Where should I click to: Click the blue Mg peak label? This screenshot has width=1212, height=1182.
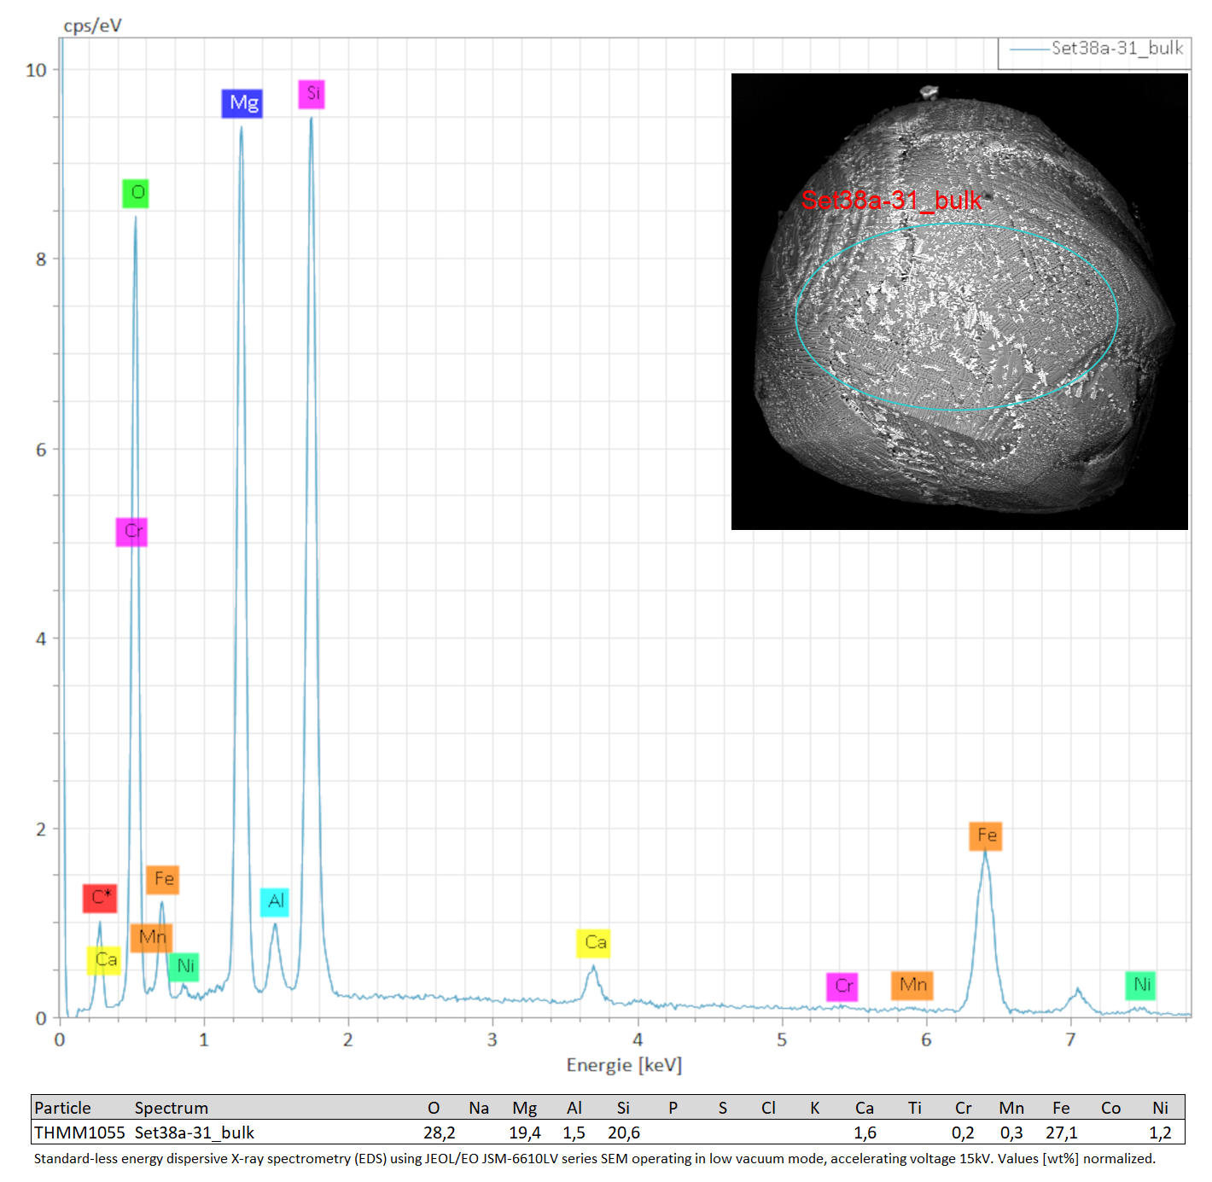pyautogui.click(x=242, y=103)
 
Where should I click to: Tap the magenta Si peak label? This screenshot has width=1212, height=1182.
pyautogui.click(x=312, y=94)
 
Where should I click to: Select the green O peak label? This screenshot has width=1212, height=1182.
pyautogui.click(x=135, y=193)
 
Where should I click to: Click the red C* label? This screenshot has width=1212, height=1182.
pyautogui.click(x=100, y=898)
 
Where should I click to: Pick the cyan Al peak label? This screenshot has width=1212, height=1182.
pyautogui.click(x=274, y=902)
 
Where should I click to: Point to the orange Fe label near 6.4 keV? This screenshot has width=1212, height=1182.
pyautogui.click(x=985, y=836)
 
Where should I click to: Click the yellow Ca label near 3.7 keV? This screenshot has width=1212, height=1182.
pyautogui.click(x=593, y=943)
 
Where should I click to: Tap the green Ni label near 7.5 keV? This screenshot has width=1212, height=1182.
pyautogui.click(x=1140, y=985)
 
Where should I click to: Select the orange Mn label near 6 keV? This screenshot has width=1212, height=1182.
pyautogui.click(x=912, y=985)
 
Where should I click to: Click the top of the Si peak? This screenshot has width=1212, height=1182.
pyautogui.click(x=312, y=118)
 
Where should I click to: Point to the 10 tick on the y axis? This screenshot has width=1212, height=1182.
pyautogui.click(x=36, y=70)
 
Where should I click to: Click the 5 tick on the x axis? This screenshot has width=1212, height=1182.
pyautogui.click(x=782, y=1039)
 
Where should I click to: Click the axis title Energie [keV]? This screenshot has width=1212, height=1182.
pyautogui.click(x=624, y=1066)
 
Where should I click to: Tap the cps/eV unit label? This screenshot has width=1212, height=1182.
pyautogui.click(x=92, y=26)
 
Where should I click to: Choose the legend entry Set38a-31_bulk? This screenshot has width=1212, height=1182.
pyautogui.click(x=1096, y=49)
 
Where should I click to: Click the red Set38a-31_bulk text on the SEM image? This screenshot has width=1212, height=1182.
pyautogui.click(x=890, y=200)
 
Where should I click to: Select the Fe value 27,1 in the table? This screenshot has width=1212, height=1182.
pyautogui.click(x=1061, y=1133)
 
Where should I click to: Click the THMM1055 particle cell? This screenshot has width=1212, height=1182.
pyautogui.click(x=79, y=1133)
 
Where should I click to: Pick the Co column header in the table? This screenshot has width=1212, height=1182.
pyautogui.click(x=1110, y=1109)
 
